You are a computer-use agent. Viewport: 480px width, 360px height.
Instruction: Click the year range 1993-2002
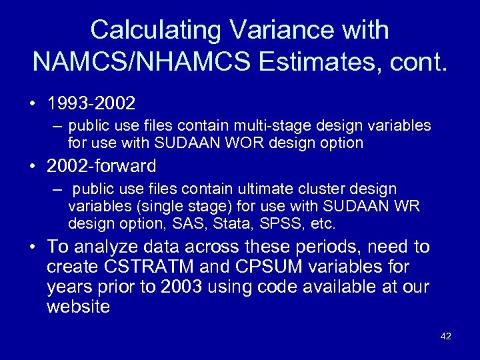point(91,103)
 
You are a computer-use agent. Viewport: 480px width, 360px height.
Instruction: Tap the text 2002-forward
point(102,165)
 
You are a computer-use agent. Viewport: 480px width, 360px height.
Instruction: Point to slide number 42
point(446,337)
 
